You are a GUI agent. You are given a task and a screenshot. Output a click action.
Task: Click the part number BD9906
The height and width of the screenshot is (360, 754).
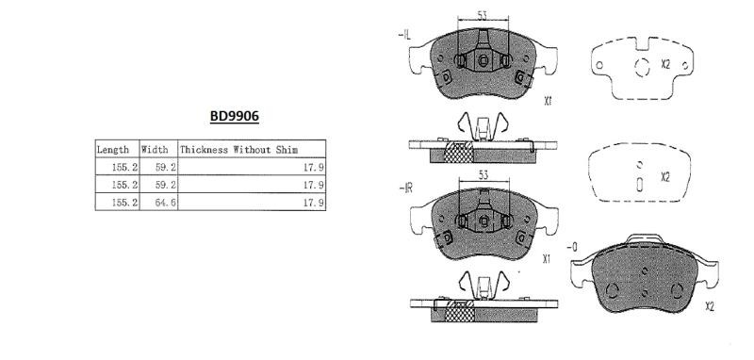coord(234,116)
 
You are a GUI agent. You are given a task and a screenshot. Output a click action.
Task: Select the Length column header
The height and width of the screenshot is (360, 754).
coord(113,150)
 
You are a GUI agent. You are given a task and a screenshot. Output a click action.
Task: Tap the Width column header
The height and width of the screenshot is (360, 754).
coord(155,150)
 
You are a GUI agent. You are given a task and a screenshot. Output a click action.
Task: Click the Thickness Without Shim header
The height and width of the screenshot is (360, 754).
coord(239,150)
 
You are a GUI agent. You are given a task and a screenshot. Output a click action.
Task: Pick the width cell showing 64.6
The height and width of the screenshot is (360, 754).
coord(166,203)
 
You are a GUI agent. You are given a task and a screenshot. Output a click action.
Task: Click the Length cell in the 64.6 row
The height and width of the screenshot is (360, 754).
coord(125,203)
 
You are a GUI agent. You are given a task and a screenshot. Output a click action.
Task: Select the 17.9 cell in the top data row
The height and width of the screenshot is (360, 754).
coord(314,167)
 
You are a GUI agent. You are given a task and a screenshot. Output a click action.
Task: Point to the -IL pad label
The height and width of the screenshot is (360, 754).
coord(404,35)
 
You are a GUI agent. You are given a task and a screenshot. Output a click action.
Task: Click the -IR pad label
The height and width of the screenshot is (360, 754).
coord(406,188)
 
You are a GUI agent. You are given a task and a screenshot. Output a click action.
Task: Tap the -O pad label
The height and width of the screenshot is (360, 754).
coord(572,248)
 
